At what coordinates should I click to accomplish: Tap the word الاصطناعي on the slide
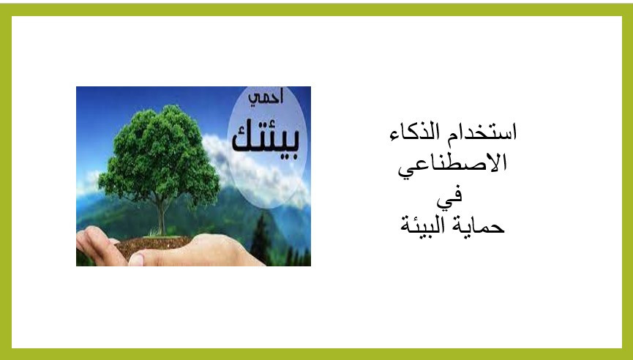click(x=452, y=165)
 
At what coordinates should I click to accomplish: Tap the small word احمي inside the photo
click(x=266, y=97)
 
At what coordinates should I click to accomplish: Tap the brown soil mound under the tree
click(x=154, y=245)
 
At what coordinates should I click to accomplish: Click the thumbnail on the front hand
click(x=136, y=259)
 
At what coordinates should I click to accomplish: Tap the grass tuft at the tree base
click(x=154, y=233)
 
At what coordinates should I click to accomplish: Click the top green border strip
click(x=316, y=10)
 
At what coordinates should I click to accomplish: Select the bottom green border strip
click(x=316, y=354)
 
